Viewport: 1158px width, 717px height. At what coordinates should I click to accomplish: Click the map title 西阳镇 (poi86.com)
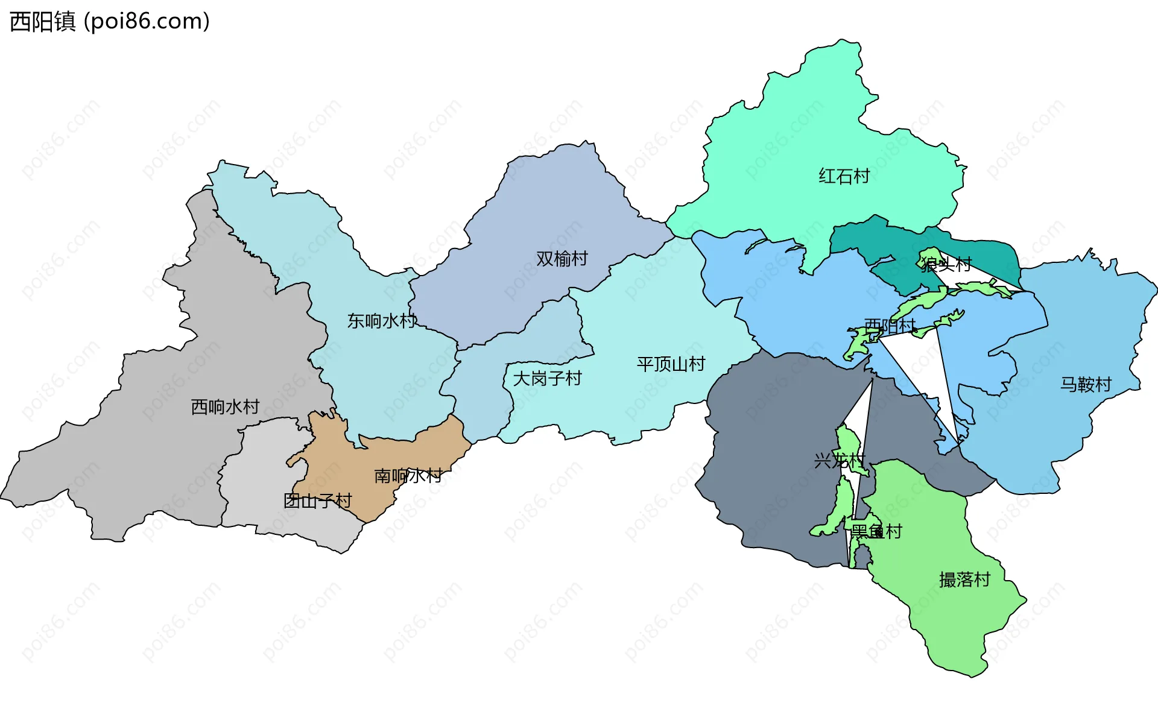[x=110, y=22]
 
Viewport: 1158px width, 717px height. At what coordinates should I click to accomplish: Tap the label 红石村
[x=844, y=176]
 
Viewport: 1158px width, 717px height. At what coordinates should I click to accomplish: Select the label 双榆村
[x=562, y=259]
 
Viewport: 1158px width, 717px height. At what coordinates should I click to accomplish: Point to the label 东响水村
[x=382, y=321]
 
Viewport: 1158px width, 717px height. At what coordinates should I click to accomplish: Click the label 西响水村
[x=225, y=407]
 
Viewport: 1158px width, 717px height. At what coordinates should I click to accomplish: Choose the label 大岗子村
[x=547, y=379]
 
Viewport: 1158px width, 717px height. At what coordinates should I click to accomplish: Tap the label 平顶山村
[x=671, y=364]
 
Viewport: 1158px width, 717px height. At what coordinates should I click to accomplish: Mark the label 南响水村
[x=408, y=476]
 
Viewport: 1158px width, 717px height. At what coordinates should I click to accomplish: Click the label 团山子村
[x=317, y=501]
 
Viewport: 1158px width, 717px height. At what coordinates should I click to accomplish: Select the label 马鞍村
[x=1086, y=384]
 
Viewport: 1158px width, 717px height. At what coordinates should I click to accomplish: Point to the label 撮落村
[x=964, y=580]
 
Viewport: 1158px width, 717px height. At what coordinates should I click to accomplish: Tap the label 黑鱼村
[x=876, y=531]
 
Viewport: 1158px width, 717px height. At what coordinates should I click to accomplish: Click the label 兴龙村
[x=840, y=461]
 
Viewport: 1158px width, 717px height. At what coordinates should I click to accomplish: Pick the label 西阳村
[x=890, y=326]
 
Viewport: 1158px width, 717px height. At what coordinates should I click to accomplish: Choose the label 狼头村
[x=946, y=264]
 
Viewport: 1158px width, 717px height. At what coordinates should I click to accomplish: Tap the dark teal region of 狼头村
[x=989, y=253]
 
